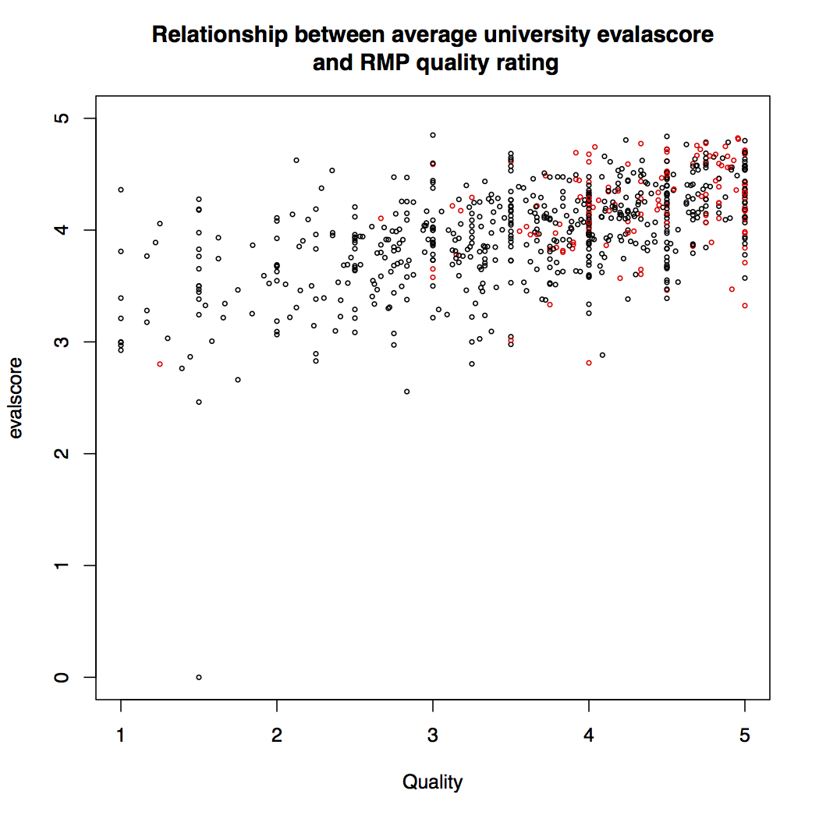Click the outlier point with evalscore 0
(x=199, y=677)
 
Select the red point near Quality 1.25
(x=160, y=364)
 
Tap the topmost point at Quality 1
(x=121, y=190)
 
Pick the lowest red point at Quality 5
(x=745, y=306)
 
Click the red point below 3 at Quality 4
(x=589, y=363)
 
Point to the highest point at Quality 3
(x=433, y=135)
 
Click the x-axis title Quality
(x=433, y=782)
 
